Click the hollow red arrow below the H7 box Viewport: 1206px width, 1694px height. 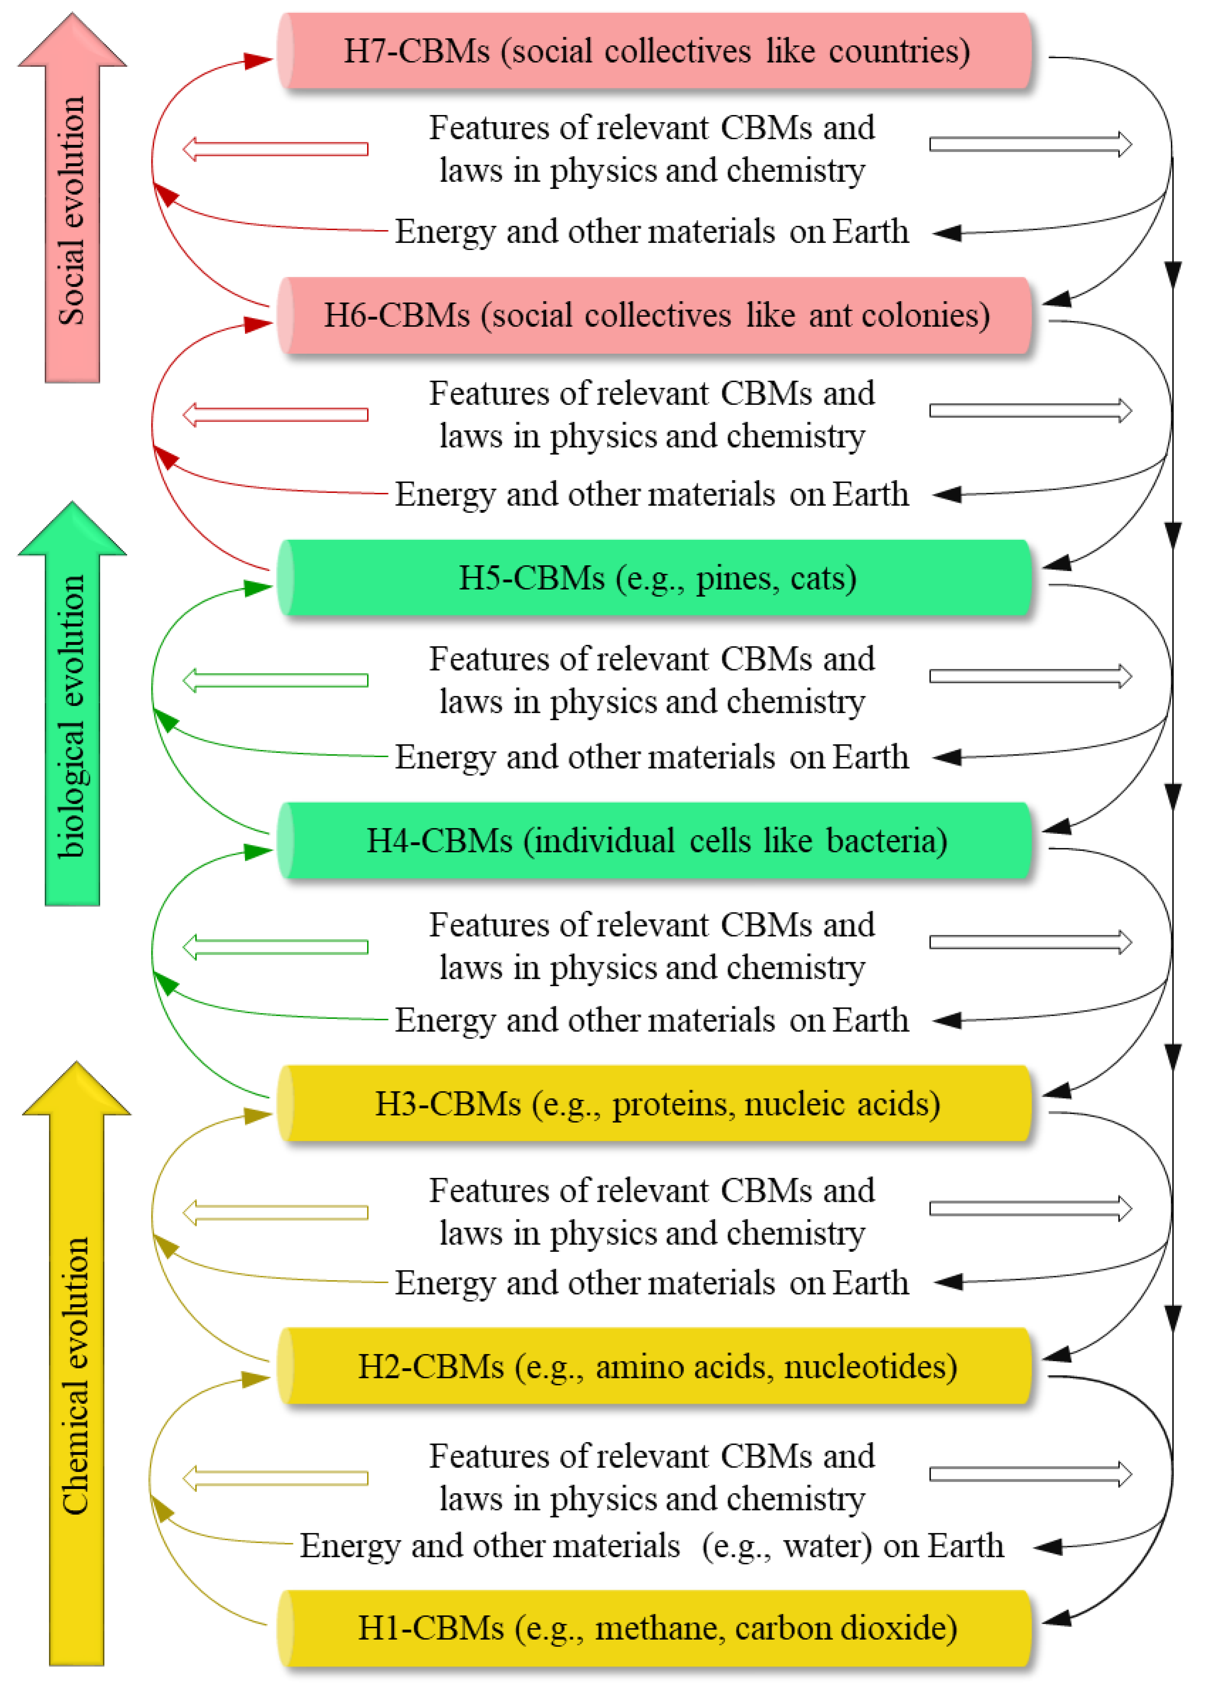click(275, 148)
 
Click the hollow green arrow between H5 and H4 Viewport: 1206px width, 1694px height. click(275, 680)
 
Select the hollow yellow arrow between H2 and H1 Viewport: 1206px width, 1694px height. click(275, 1478)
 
